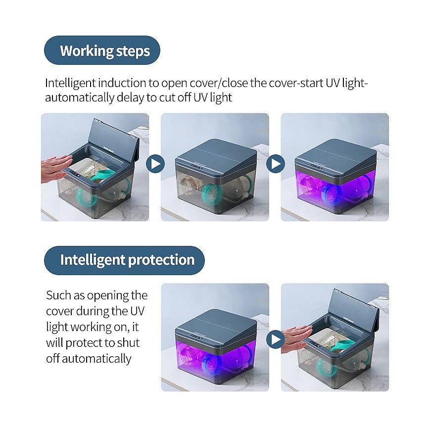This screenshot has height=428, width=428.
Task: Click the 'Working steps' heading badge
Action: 102,50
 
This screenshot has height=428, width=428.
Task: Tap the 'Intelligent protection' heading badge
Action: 124,260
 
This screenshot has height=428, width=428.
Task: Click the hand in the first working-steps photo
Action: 56,164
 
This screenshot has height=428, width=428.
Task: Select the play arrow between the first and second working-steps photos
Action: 155,163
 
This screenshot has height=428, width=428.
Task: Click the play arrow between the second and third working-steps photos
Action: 275,163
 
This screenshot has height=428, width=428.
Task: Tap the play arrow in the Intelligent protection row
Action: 275,339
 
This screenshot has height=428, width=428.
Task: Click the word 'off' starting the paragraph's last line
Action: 53,359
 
